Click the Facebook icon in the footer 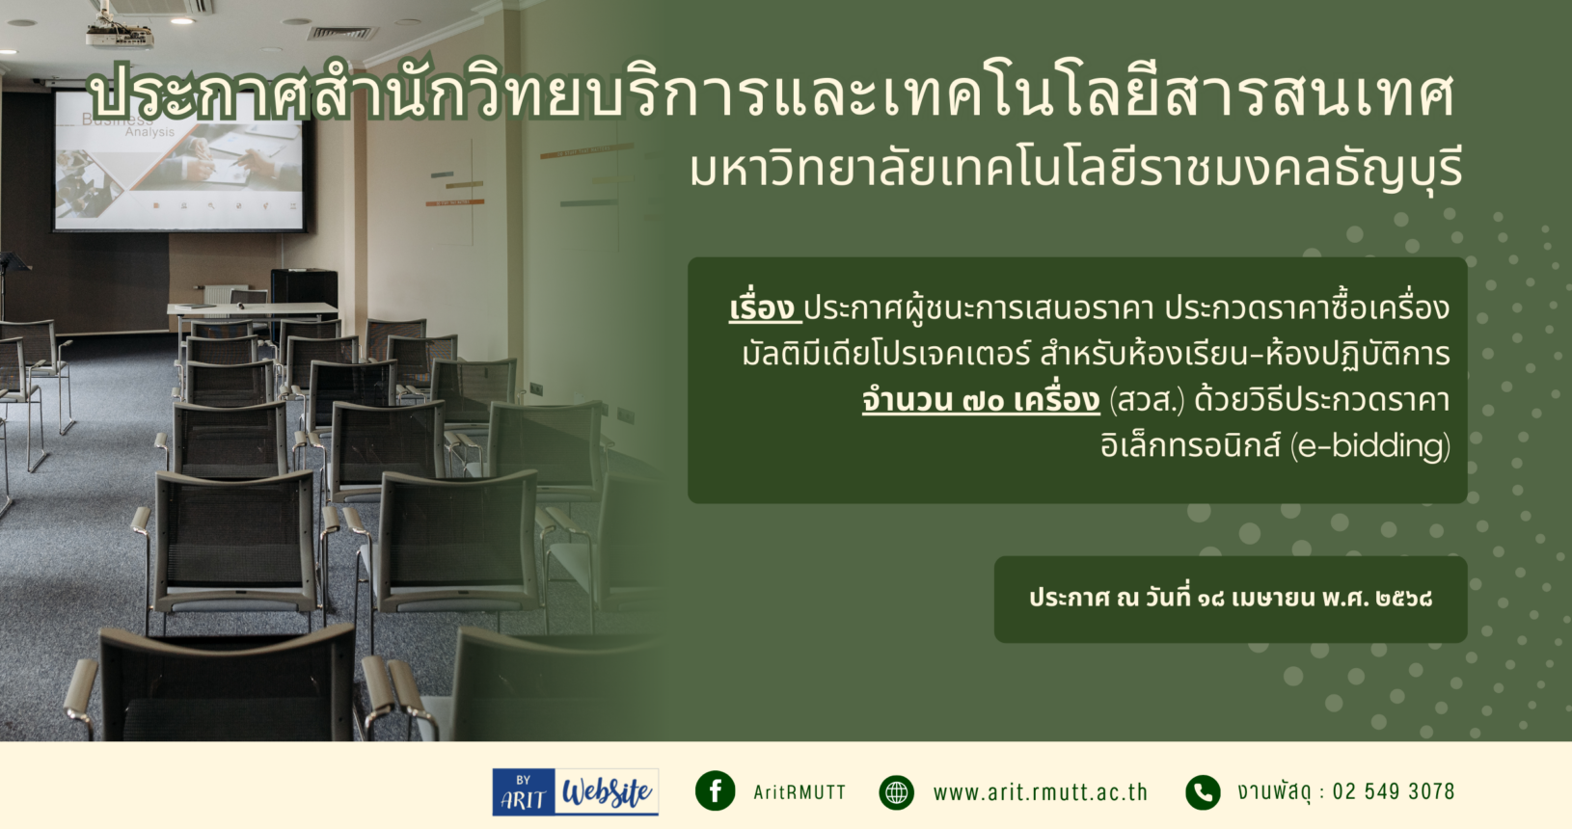tap(716, 791)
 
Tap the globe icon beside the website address tap(896, 792)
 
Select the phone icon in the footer tap(1203, 792)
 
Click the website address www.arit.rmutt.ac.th tap(1040, 792)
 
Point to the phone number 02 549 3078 tap(1394, 791)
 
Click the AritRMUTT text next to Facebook tap(800, 792)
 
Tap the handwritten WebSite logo tap(607, 791)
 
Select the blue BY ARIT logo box tap(524, 791)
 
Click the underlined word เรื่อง tap(764, 308)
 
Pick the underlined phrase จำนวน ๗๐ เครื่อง tap(981, 400)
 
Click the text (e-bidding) tap(1369, 446)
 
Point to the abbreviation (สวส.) tap(1147, 400)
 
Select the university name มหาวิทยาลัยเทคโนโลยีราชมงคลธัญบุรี tap(1076, 171)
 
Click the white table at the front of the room tap(252, 309)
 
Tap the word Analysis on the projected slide tap(150, 132)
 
